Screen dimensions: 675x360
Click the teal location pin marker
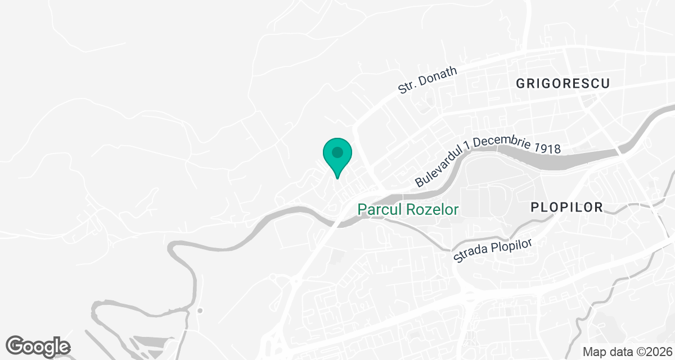pos(337,157)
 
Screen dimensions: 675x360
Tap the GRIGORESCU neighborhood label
pos(563,84)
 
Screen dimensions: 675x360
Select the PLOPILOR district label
pos(566,208)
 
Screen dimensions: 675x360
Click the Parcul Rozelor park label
pos(408,210)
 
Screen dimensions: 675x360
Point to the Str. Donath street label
pos(427,79)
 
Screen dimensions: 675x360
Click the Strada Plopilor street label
pos(493,249)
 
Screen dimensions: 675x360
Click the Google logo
pos(38,346)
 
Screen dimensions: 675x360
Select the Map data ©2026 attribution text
pos(627,352)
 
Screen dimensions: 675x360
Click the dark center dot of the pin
pos(337,152)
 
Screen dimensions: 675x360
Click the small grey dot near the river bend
pos(200,310)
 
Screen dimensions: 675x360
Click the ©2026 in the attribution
pos(653,352)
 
